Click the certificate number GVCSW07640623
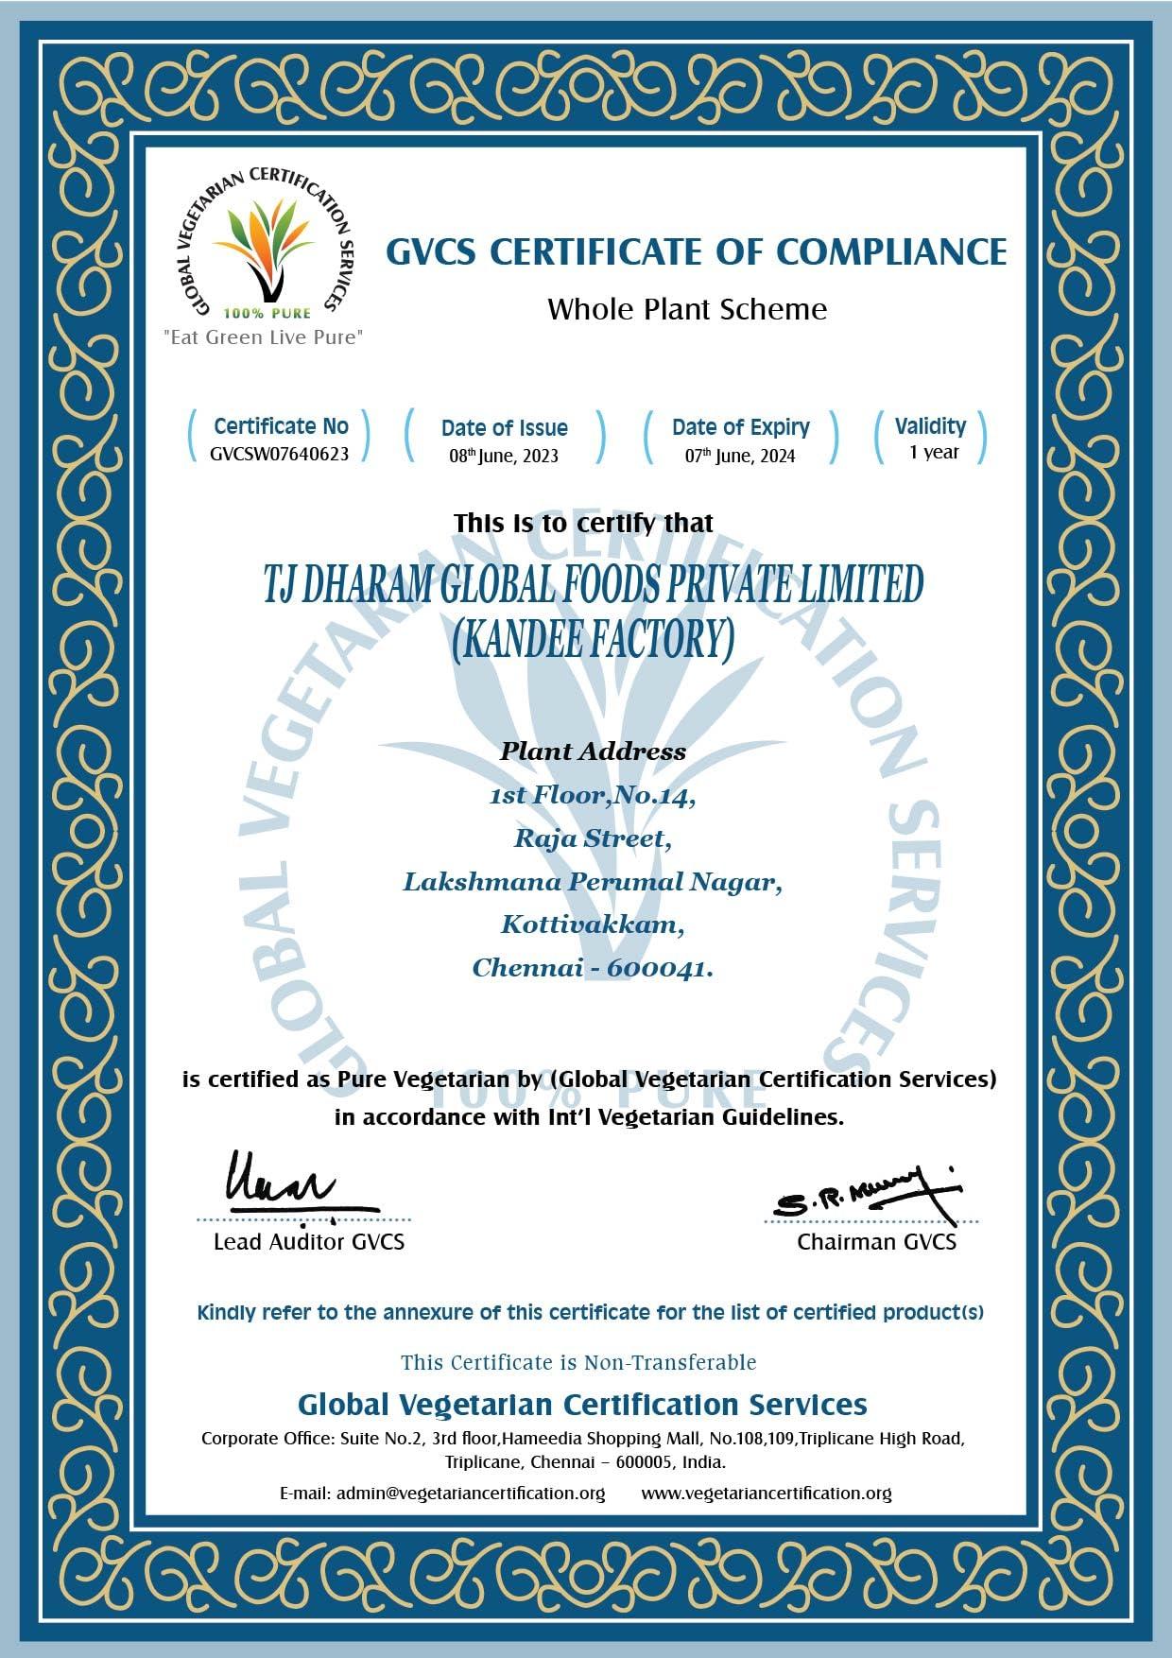pyautogui.click(x=279, y=454)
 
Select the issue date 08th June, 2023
pyautogui.click(x=504, y=456)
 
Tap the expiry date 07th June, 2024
pyautogui.click(x=740, y=456)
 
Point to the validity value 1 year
pyautogui.click(x=934, y=452)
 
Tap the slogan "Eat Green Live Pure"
pyautogui.click(x=263, y=337)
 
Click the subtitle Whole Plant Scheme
pyautogui.click(x=687, y=309)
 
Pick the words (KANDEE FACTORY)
pyautogui.click(x=593, y=640)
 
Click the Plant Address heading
pyautogui.click(x=593, y=751)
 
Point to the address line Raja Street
pyautogui.click(x=593, y=838)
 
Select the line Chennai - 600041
pyautogui.click(x=593, y=968)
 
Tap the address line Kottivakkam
pyautogui.click(x=593, y=924)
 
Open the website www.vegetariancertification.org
pyautogui.click(x=767, y=1493)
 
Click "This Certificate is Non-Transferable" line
pyautogui.click(x=578, y=1362)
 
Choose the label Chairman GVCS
pyautogui.click(x=876, y=1242)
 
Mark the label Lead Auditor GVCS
pyautogui.click(x=309, y=1242)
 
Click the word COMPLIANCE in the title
pyautogui.click(x=891, y=252)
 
